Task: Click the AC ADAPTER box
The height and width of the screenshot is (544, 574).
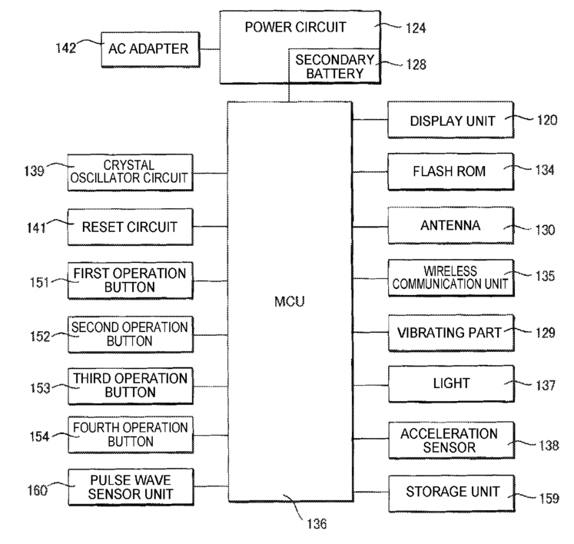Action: pos(151,49)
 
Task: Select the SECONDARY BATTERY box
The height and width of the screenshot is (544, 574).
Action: pos(334,66)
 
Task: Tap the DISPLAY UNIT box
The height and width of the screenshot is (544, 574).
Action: pos(450,120)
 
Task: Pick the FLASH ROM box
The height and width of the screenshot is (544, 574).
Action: pos(450,171)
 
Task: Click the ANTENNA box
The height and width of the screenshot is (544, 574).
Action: pos(450,225)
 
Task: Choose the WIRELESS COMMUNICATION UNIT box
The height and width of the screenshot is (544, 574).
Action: pos(451,278)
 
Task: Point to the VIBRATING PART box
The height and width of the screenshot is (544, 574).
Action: pos(451,333)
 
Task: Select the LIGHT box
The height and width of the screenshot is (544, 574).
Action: pos(451,384)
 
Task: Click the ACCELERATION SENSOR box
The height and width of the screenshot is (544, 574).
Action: pos(451,440)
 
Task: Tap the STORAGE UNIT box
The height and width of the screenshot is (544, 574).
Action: pos(451,493)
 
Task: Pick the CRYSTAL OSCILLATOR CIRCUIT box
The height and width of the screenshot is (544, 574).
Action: pos(131,172)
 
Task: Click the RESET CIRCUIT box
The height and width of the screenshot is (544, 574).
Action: pos(131,227)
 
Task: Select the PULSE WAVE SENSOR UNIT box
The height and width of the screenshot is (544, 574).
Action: pos(131,487)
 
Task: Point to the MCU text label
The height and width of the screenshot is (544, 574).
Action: pos(289,302)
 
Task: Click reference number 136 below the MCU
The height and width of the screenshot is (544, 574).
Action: pos(317,524)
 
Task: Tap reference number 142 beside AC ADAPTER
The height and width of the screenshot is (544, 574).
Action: pos(66,48)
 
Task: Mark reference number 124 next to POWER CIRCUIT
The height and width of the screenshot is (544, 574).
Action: pos(416,28)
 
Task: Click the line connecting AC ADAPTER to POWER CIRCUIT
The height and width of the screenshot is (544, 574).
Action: pos(210,49)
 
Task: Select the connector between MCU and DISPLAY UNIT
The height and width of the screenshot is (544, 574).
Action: pos(370,119)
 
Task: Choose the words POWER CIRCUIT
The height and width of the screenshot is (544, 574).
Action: pos(295,27)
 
